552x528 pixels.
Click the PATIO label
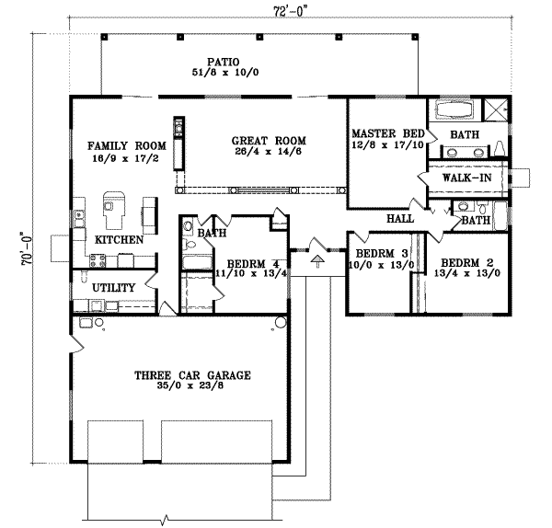[259, 61]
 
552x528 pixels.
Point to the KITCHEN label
[120, 239]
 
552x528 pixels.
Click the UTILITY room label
[113, 288]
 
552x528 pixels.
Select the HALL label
[400, 220]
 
